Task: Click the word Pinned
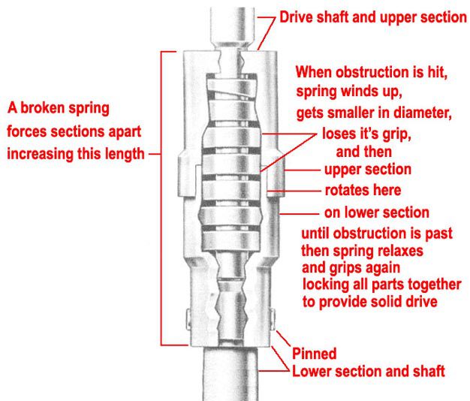(x=315, y=354)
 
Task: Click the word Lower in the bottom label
(x=312, y=372)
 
